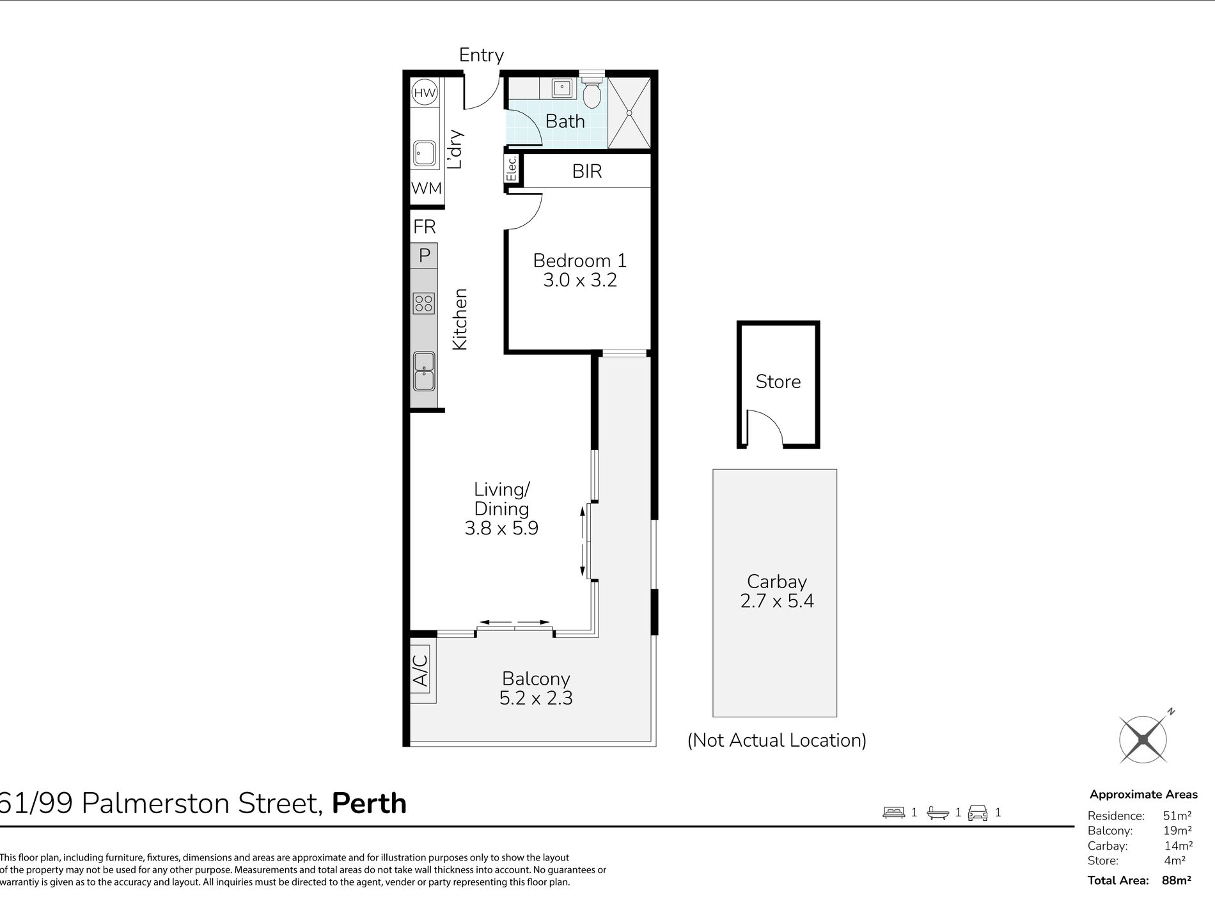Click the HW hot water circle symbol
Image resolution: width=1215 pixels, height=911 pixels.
[425, 93]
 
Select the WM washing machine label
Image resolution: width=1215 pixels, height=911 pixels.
[427, 188]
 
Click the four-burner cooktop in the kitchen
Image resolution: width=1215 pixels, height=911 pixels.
[424, 302]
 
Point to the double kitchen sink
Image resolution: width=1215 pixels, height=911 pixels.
[424, 371]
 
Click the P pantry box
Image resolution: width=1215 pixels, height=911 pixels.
[424, 256]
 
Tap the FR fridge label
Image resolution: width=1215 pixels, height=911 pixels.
[425, 226]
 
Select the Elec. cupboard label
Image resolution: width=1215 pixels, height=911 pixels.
[512, 169]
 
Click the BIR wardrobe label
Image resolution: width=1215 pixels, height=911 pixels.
[587, 171]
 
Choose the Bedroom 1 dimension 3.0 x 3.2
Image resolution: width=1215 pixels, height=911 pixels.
[580, 280]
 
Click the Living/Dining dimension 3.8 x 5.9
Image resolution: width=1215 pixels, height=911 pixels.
[501, 528]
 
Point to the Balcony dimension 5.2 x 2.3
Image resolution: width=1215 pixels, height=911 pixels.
[536, 697]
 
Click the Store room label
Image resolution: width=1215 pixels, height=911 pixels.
[778, 382]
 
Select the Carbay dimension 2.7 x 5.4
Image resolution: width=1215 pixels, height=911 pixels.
[777, 601]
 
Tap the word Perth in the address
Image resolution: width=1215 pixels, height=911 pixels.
[370, 804]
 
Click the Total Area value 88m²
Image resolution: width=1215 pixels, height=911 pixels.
[1176, 880]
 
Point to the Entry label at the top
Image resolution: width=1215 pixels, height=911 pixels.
[482, 56]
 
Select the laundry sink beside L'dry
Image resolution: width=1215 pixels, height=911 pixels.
[424, 153]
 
